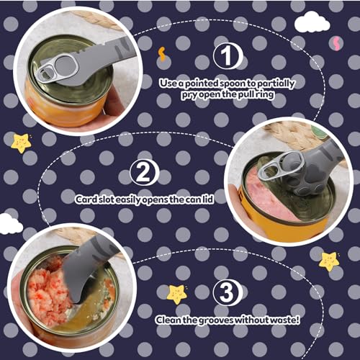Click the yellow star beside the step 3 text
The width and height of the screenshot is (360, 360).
(176, 293)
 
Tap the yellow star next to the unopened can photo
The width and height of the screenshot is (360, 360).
(21, 141)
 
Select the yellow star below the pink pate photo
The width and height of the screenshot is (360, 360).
(329, 260)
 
